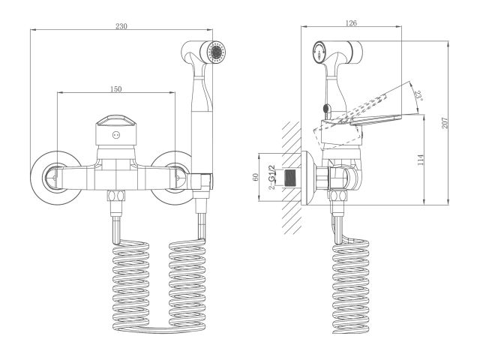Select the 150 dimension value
[116, 89]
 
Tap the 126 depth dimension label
[350, 22]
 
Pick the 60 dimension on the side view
[255, 178]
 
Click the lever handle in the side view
[375, 119]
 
